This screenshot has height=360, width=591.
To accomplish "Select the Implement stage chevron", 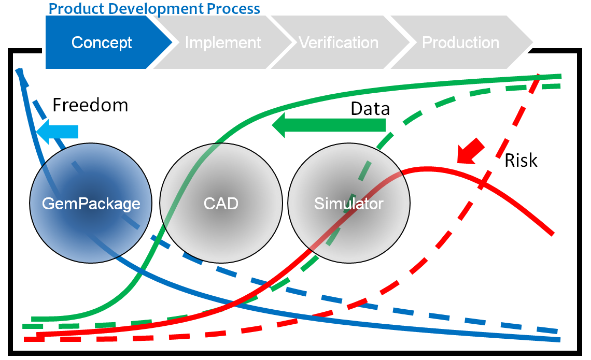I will point(223,42).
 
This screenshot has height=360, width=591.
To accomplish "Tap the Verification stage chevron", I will point(339,42).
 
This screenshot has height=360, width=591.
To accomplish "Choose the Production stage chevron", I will point(460,42).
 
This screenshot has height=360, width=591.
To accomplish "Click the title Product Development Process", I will point(154,8).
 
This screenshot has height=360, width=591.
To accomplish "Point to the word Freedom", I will point(90,105).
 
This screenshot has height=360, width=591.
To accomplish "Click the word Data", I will point(370,109).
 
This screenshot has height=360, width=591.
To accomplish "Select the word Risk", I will point(521,161).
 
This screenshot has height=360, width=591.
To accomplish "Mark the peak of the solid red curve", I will point(428,168).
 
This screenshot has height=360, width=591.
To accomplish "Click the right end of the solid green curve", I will point(560,76).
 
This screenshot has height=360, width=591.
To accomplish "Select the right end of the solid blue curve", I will point(559,339).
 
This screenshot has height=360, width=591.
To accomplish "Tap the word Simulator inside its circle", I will point(349,204).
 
